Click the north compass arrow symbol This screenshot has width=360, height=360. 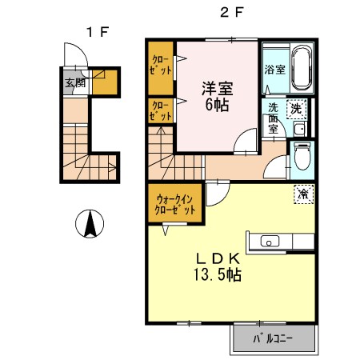coord(90,222)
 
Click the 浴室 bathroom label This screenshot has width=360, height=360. coord(274,70)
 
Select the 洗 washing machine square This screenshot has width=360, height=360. coord(296,108)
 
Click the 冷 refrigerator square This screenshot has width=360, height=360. coord(304,194)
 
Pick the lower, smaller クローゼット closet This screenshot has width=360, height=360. coord(161,110)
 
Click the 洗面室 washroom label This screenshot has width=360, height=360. coord(273,117)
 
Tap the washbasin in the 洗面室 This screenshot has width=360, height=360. coord(298,128)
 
